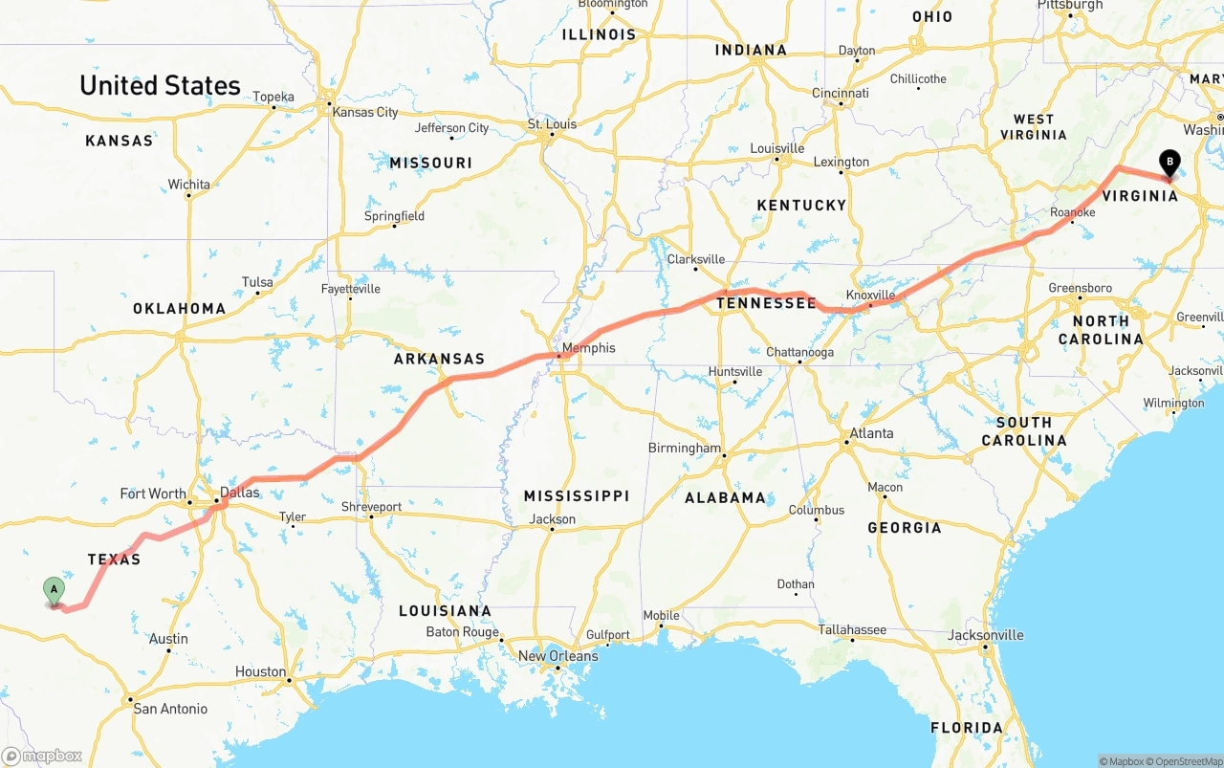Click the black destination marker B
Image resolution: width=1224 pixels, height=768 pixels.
click(x=1169, y=163)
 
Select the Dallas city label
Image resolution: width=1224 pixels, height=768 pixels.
click(x=239, y=493)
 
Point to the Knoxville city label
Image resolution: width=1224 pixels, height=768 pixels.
click(x=870, y=296)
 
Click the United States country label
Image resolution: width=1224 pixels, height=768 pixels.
click(x=160, y=85)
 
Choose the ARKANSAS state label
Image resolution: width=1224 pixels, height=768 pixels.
click(x=439, y=359)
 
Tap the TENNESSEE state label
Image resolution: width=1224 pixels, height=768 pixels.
click(x=766, y=303)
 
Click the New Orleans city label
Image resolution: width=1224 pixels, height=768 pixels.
click(x=557, y=656)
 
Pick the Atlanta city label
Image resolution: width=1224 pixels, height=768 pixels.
click(x=871, y=433)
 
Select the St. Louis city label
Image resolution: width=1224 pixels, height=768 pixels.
click(x=553, y=124)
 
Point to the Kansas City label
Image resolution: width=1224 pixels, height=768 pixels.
click(x=364, y=112)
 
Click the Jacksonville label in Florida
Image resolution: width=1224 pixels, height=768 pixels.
click(x=985, y=635)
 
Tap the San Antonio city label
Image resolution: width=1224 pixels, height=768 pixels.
click(x=170, y=709)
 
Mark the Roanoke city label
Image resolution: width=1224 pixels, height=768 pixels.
click(x=1072, y=213)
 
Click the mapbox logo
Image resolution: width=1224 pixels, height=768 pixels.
click(x=42, y=756)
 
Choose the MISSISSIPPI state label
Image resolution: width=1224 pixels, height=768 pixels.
click(x=576, y=495)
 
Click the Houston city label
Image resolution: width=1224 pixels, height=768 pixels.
click(x=260, y=671)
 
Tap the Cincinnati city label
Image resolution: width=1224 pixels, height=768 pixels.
click(x=841, y=94)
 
